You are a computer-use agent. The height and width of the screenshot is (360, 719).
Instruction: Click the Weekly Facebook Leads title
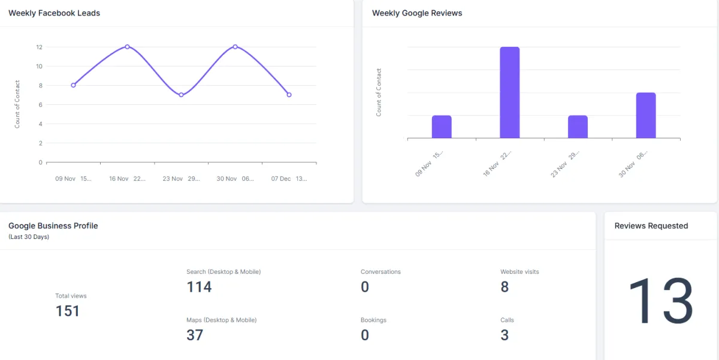(x=54, y=13)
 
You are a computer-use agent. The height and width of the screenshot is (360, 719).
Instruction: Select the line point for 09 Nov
(x=73, y=85)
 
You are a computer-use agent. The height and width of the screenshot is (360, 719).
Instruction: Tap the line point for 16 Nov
(x=127, y=47)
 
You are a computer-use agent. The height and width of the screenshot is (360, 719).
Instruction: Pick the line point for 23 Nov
(x=181, y=95)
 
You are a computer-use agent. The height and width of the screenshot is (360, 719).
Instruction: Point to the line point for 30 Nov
(x=235, y=47)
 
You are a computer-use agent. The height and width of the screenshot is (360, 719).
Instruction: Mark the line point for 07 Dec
(x=289, y=95)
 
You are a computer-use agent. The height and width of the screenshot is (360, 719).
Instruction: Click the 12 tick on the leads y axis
(x=39, y=47)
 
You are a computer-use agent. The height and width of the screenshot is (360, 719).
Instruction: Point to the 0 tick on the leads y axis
(x=40, y=162)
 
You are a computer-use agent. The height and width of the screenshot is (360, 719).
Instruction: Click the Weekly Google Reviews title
(x=417, y=13)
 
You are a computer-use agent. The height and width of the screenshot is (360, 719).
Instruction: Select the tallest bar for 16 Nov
(x=509, y=93)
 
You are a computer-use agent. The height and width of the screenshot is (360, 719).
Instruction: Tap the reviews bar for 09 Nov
(x=442, y=127)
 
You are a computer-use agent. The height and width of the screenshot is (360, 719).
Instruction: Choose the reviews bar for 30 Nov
(x=646, y=116)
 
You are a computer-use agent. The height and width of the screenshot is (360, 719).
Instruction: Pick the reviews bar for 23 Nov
(x=578, y=127)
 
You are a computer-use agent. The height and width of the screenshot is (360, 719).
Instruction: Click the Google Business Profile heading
(x=53, y=226)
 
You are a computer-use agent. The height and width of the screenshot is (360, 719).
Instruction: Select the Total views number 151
(x=67, y=311)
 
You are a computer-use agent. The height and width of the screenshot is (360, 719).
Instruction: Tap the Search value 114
(x=199, y=287)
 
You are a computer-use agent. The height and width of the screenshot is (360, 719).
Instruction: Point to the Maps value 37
(x=195, y=335)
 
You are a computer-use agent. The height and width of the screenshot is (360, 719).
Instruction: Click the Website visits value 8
(x=504, y=287)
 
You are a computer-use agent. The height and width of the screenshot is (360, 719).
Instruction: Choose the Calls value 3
(x=504, y=335)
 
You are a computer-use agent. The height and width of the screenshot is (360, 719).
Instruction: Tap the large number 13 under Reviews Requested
(x=660, y=301)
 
